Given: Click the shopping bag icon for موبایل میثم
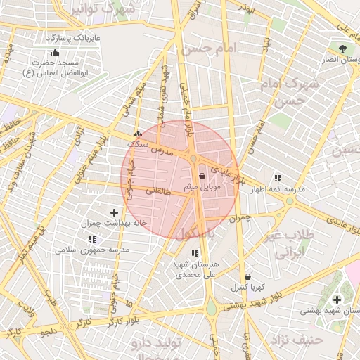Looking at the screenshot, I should [202, 176].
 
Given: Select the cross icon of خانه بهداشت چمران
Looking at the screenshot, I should [114, 212].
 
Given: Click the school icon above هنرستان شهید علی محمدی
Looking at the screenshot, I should [195, 253].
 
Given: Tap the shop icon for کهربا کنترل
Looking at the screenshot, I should [247, 277].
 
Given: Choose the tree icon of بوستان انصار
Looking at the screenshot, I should [342, 49].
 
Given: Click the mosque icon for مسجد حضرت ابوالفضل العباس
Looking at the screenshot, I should [56, 52].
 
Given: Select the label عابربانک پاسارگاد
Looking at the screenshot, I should [74, 36].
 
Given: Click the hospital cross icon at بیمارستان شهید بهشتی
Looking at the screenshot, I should [336, 300].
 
